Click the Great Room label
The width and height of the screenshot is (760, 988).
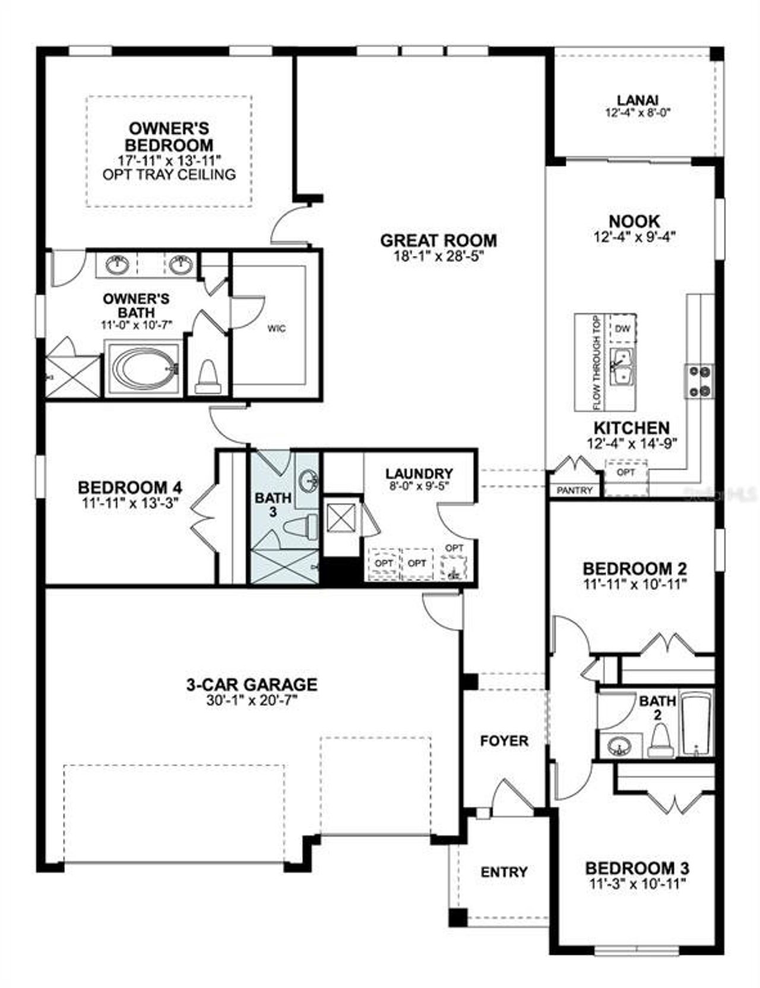point(438,241)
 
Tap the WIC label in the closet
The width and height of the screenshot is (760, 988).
point(277,328)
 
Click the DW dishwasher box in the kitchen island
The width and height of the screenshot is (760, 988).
point(622,329)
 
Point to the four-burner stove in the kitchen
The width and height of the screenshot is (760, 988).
point(699,381)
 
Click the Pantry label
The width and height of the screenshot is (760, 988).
point(575,490)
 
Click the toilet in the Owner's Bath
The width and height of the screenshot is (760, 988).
point(208,378)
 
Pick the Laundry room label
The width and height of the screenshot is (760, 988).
point(419,474)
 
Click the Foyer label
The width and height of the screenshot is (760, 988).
point(504,741)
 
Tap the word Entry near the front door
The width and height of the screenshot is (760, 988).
point(504,872)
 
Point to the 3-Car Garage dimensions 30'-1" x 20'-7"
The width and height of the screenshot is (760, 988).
point(252,700)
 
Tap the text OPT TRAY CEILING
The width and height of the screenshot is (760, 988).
point(169,175)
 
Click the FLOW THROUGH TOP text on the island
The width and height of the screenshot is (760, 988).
point(597,362)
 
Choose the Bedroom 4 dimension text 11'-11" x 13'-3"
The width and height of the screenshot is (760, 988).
point(130,502)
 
